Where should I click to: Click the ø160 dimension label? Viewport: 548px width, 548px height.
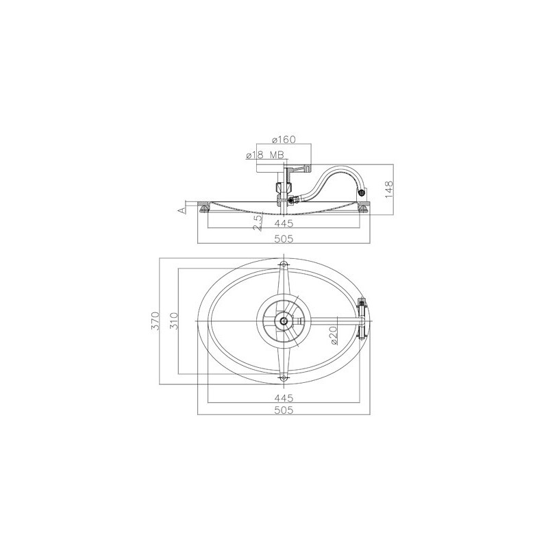[x=284, y=140]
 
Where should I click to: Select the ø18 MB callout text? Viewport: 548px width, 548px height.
[x=264, y=155]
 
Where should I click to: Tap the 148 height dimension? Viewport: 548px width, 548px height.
[x=389, y=189]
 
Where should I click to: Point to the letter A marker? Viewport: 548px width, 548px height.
[x=181, y=210]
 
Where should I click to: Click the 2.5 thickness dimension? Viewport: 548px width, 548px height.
[x=258, y=223]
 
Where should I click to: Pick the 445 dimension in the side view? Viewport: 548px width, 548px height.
[x=284, y=223]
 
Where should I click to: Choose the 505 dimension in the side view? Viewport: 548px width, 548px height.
[x=284, y=238]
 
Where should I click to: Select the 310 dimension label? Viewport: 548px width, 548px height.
[x=174, y=321]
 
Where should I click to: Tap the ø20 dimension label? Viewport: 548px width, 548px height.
[x=333, y=335]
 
